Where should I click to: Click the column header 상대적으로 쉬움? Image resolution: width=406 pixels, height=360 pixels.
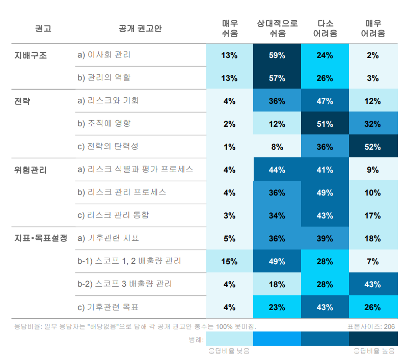pyautogui.click(x=277, y=29)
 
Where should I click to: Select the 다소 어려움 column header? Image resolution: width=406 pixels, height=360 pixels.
pyautogui.click(x=325, y=29)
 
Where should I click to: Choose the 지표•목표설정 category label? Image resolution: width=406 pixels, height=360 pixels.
pyautogui.click(x=41, y=238)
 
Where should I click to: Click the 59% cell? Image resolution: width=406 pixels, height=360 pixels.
pyautogui.click(x=277, y=55)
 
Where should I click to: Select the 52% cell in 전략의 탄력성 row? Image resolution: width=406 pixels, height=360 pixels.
pyautogui.click(x=372, y=147)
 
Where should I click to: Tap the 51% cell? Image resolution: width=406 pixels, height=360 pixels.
pyautogui.click(x=325, y=124)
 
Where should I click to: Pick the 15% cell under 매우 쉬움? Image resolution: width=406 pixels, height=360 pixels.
pyautogui.click(x=229, y=261)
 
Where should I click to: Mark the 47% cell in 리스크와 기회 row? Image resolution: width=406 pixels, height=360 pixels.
pyautogui.click(x=325, y=101)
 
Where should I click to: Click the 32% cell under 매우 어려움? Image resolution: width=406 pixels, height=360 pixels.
pyautogui.click(x=372, y=124)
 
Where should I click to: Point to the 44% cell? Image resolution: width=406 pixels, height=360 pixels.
pyautogui.click(x=277, y=170)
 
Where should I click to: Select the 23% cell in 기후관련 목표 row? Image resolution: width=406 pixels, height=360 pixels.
pyautogui.click(x=277, y=307)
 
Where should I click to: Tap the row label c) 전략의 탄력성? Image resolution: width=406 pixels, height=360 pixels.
pyautogui.click(x=108, y=146)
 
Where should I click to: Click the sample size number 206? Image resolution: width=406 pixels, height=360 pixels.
pyautogui.click(x=389, y=326)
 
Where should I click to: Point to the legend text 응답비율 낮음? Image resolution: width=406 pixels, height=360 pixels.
pyautogui.click(x=229, y=351)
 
